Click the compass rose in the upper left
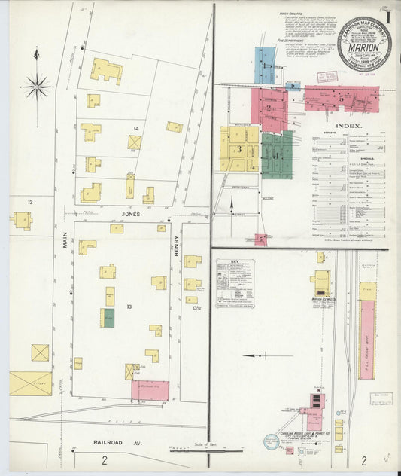pos(36,86)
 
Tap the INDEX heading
pos(349,126)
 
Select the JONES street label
pos(130,215)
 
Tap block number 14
pos(136,129)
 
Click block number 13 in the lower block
pos(129,307)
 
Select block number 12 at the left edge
pos(30,202)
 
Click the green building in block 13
pos(109,318)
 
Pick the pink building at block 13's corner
pos(150,390)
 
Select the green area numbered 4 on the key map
pos(277,155)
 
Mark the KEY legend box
pos(235,282)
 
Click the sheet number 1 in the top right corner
pos(387,14)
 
